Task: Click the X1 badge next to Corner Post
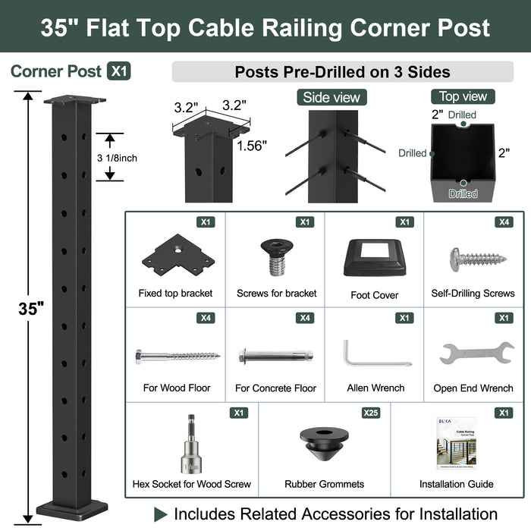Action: (x=119, y=71)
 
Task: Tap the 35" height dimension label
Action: (x=31, y=308)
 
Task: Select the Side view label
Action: (x=331, y=97)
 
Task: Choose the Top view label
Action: (x=463, y=96)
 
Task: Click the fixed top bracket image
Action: (x=177, y=254)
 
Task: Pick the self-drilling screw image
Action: (x=477, y=259)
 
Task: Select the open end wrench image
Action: (x=476, y=353)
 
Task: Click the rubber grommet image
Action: (x=324, y=447)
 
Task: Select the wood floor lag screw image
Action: (x=177, y=355)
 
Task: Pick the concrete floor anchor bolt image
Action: (x=275, y=355)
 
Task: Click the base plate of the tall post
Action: (x=72, y=507)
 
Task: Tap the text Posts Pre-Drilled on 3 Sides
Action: (x=342, y=72)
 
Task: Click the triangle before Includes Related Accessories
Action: (x=160, y=514)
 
